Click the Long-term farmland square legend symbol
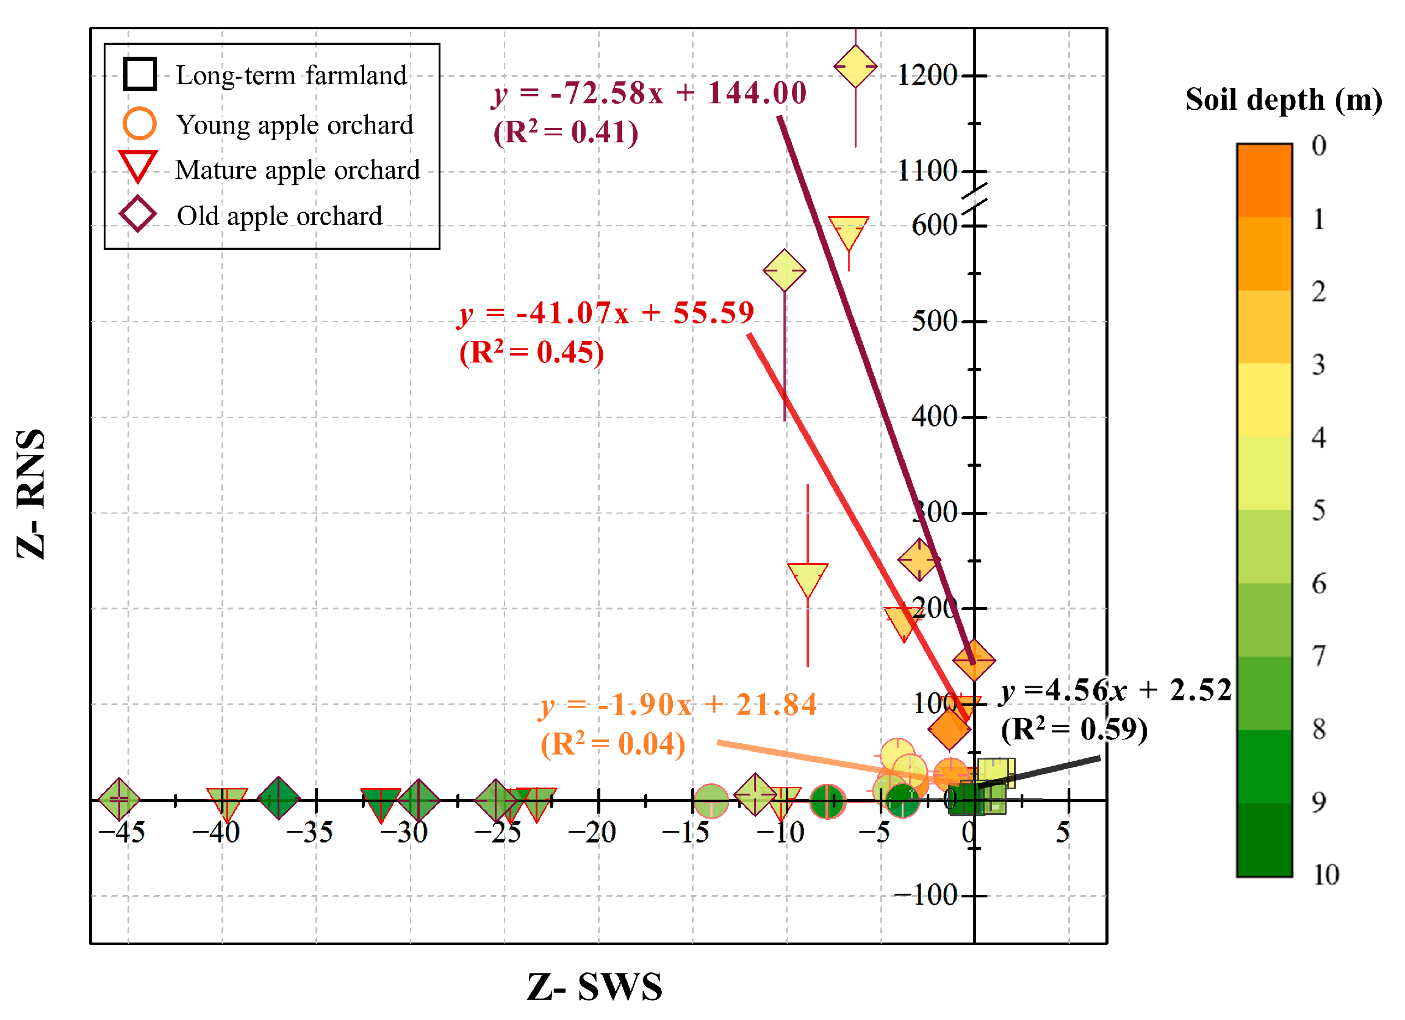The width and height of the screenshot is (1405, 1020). point(139,74)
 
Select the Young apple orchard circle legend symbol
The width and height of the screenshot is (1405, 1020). point(139,124)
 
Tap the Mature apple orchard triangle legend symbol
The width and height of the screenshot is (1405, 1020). point(138,166)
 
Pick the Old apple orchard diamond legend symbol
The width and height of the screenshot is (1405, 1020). point(137,215)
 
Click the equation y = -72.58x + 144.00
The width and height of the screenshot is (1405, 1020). point(649,93)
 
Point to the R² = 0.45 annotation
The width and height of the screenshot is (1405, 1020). point(531,353)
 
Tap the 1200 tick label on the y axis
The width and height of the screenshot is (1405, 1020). point(927,76)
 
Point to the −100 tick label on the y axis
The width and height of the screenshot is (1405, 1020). point(925,896)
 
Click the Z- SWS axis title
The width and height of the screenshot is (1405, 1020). point(595,986)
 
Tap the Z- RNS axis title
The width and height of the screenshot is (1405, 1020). point(31,494)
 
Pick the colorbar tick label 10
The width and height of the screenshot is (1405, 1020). point(1325,875)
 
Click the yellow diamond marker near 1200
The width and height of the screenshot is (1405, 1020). point(855,66)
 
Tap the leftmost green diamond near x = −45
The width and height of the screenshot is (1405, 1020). point(120,800)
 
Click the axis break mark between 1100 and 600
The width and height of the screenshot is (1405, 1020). point(974,198)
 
